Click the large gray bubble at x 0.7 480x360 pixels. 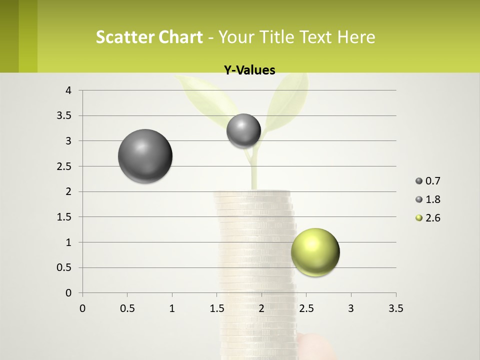(145, 156)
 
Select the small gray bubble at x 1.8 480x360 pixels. (243, 130)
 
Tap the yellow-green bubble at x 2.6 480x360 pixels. (315, 252)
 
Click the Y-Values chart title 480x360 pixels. (249, 70)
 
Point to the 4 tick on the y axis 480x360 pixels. (69, 90)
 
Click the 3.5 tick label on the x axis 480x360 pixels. (395, 308)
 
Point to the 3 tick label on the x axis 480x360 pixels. (351, 308)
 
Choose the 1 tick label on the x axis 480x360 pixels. (172, 308)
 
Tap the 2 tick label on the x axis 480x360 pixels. (261, 308)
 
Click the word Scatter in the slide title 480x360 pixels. (123, 37)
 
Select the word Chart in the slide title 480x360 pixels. (178, 37)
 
